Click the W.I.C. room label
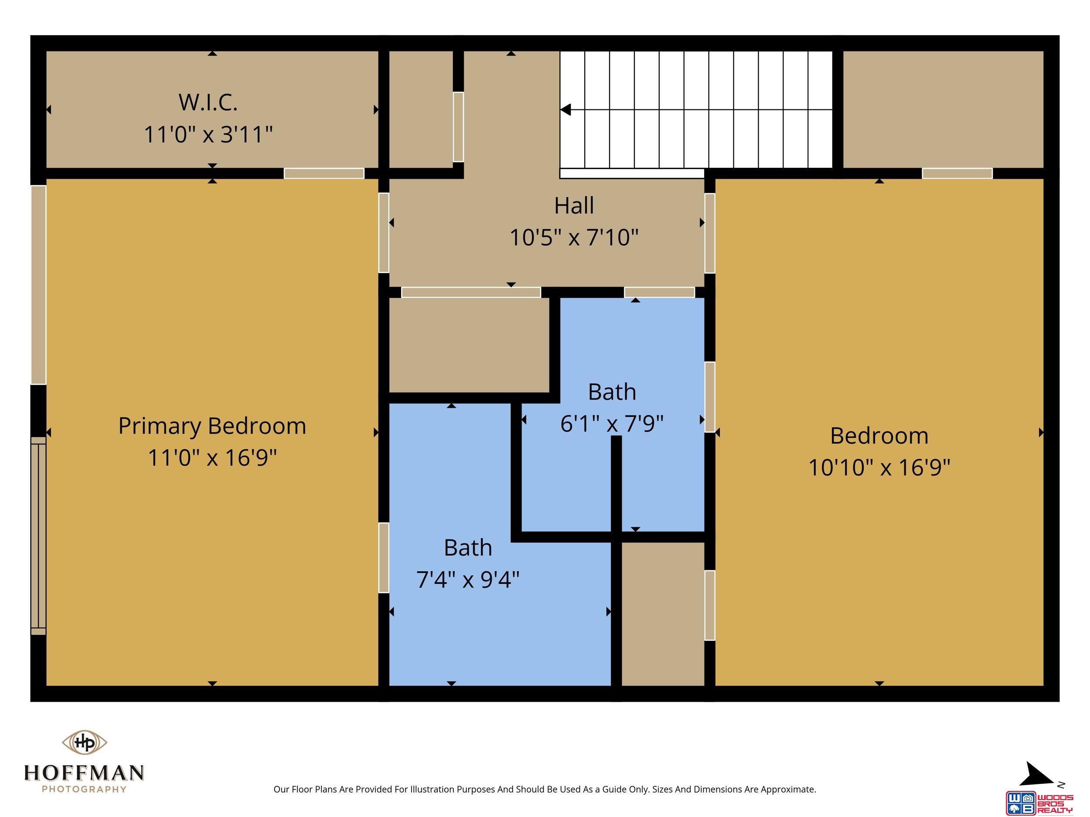point(208,102)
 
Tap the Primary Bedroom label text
point(212,427)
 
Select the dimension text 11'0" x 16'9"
point(212,458)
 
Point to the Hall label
point(574,205)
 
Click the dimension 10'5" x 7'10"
point(574,237)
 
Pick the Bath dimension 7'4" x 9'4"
point(468,579)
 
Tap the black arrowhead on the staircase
point(565,109)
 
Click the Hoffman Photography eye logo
point(84,742)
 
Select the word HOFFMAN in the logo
point(84,773)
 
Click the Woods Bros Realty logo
point(1039,803)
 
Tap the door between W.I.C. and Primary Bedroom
point(324,173)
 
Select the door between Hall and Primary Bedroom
point(383,232)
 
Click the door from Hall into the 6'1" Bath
point(659,292)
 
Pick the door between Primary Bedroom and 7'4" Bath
point(383,557)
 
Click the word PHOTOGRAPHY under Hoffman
point(84,790)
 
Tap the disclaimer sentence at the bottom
point(545,790)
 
